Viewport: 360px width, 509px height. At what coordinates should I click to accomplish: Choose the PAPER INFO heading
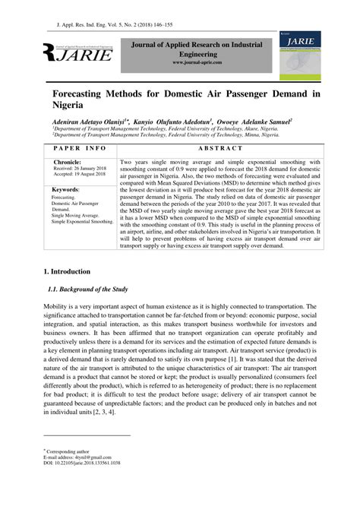[x=81, y=148]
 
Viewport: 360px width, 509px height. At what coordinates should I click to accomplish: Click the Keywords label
[x=71, y=189]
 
